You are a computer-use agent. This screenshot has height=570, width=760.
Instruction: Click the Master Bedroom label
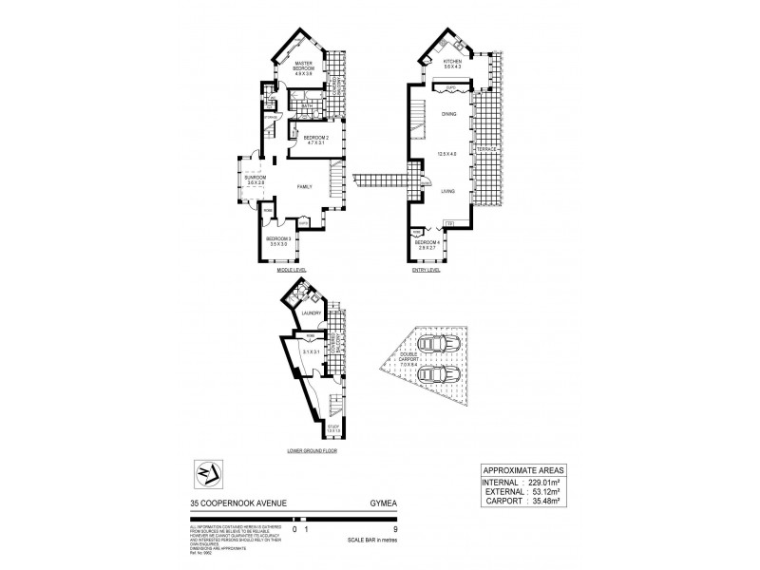point(305,66)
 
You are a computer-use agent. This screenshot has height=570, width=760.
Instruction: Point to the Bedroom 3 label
point(278,240)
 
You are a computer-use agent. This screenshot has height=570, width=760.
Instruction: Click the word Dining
point(448,114)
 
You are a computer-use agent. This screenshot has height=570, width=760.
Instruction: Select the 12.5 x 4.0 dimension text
point(448,153)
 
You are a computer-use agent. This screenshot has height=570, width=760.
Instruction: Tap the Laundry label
point(311,313)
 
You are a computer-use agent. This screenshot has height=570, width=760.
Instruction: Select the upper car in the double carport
point(439,342)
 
